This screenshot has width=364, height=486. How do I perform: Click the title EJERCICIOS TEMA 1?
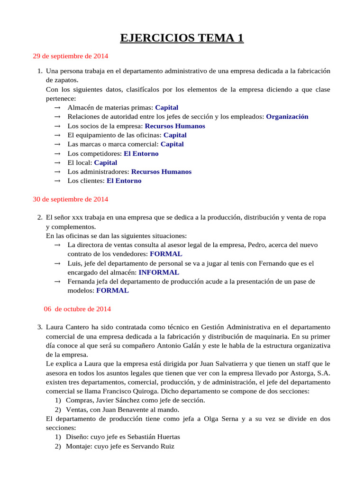point(182,38)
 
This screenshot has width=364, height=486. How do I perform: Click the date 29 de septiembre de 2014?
point(70,56)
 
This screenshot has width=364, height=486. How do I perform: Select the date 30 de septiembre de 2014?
point(70,199)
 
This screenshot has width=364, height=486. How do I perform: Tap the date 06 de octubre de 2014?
point(77,309)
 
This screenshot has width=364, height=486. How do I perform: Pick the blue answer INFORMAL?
point(159,272)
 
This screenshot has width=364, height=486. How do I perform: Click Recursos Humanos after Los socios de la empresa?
point(175,126)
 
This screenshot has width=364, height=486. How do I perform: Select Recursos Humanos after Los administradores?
point(161,172)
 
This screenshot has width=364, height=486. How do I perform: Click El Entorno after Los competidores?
point(141,154)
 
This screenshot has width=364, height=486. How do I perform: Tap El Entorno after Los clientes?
point(124,181)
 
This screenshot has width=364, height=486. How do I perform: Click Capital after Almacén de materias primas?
point(166,108)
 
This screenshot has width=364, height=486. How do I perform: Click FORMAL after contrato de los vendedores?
point(166,254)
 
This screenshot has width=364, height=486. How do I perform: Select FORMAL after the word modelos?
point(112,290)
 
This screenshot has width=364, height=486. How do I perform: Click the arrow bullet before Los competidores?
point(57,154)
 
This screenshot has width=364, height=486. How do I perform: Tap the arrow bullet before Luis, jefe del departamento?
point(57,263)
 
